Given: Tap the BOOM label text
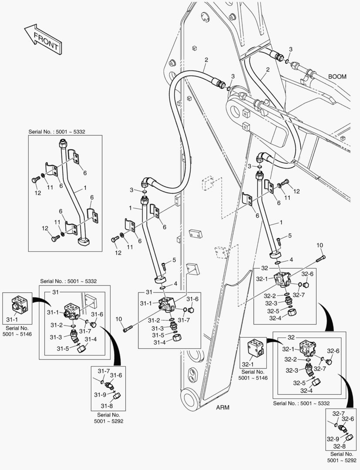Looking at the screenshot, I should [x=337, y=77].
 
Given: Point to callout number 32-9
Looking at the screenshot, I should [x=334, y=438].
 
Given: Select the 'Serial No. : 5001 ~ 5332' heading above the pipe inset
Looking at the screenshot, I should [x=60, y=131].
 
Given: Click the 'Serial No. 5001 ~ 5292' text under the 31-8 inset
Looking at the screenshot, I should [x=108, y=418].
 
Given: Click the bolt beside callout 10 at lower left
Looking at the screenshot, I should [x=128, y=329].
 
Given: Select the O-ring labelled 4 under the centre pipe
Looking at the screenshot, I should [x=162, y=287].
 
